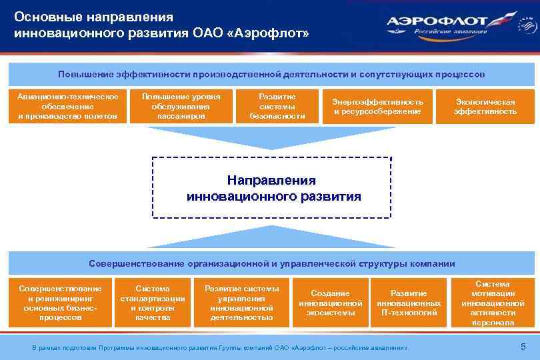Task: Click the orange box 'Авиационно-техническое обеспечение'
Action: pyautogui.click(x=67, y=107)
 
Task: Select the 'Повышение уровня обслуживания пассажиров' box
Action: pyautogui.click(x=181, y=107)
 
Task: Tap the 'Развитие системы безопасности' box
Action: pyautogui.click(x=277, y=107)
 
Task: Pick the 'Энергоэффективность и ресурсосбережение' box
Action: pyautogui.click(x=377, y=107)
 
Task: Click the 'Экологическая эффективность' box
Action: pyautogui.click(x=485, y=107)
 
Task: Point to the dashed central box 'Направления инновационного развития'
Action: pyautogui.click(x=271, y=188)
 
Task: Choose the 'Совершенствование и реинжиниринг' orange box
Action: pyautogui.click(x=61, y=303)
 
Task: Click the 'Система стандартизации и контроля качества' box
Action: pyautogui.click(x=152, y=303)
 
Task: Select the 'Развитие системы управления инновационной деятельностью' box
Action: pyautogui.click(x=241, y=303)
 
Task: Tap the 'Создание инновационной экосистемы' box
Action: pyautogui.click(x=331, y=303)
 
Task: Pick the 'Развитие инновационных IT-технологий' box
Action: pyautogui.click(x=409, y=303)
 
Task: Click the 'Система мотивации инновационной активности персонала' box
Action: pyautogui.click(x=493, y=303)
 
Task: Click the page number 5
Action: pyautogui.click(x=523, y=346)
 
